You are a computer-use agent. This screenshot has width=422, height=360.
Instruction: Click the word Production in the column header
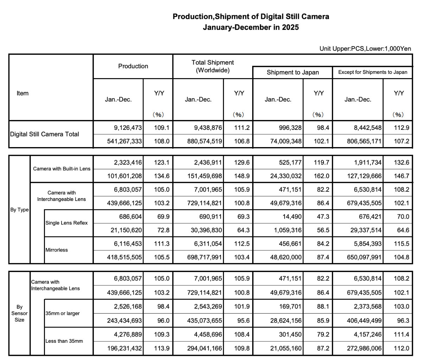133,66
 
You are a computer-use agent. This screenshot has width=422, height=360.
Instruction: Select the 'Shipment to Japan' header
293,72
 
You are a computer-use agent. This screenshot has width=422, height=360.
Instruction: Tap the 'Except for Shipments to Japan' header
372,72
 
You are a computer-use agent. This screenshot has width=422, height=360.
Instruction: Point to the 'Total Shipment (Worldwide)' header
212,66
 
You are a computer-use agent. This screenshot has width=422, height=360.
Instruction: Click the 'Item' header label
23,93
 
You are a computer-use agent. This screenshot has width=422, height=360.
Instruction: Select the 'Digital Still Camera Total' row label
44,134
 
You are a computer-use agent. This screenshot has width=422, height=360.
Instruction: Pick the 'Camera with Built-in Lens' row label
62,169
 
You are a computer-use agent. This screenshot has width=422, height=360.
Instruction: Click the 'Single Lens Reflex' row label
66,223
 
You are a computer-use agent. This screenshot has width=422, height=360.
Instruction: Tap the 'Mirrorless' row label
57,250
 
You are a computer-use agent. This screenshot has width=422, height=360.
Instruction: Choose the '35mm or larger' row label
63,313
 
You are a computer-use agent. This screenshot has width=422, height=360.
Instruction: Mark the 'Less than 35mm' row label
64,341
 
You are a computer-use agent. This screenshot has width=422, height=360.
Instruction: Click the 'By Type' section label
19,209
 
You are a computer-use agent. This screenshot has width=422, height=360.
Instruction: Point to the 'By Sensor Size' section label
19,313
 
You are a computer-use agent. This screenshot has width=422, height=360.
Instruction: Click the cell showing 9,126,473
128,128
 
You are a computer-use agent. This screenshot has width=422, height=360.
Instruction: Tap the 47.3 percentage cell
323,216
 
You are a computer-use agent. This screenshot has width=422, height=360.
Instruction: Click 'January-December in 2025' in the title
251,27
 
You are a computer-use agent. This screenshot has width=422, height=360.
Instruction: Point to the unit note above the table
365,49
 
